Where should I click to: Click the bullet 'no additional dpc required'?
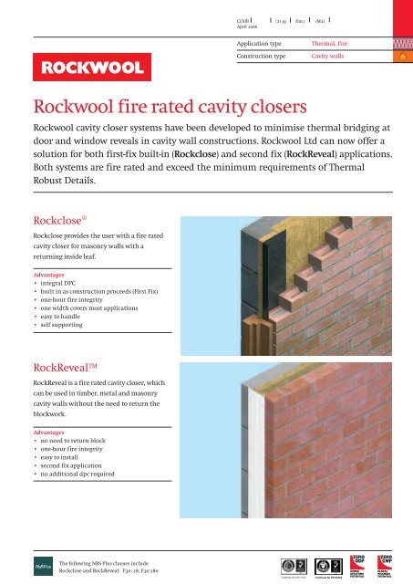point(83,474)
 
